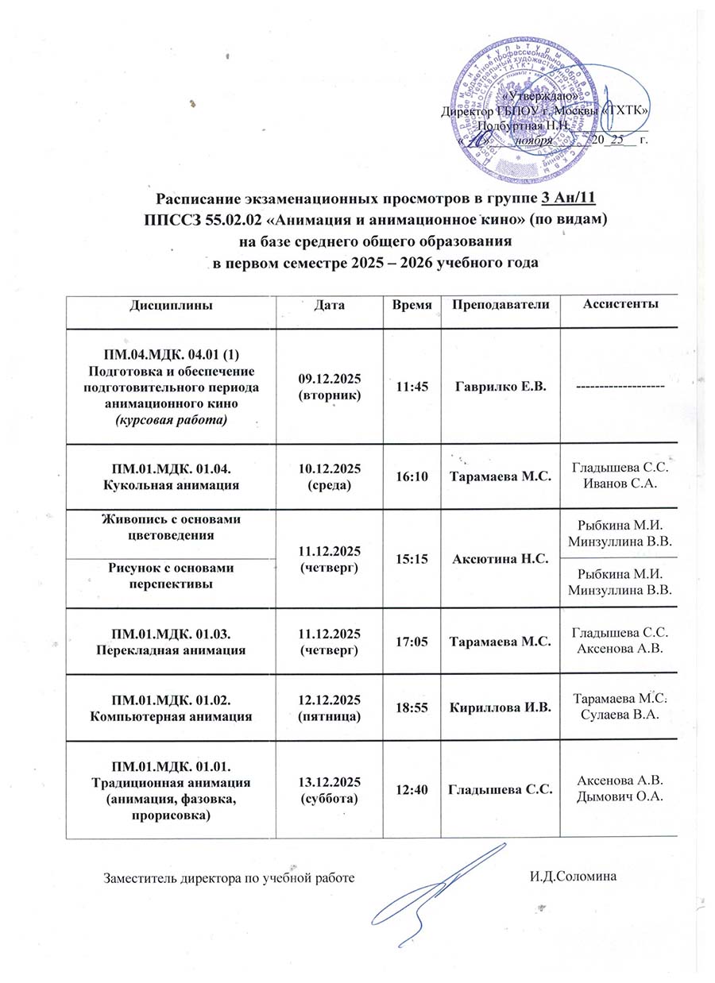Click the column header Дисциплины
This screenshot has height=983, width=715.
click(x=171, y=305)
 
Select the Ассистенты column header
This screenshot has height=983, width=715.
click(x=620, y=304)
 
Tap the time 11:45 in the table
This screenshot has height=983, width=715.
click(x=412, y=387)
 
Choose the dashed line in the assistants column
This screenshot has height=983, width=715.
click(x=620, y=386)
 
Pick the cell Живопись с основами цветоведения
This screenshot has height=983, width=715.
click(x=172, y=526)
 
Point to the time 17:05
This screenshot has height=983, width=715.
click(x=412, y=642)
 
